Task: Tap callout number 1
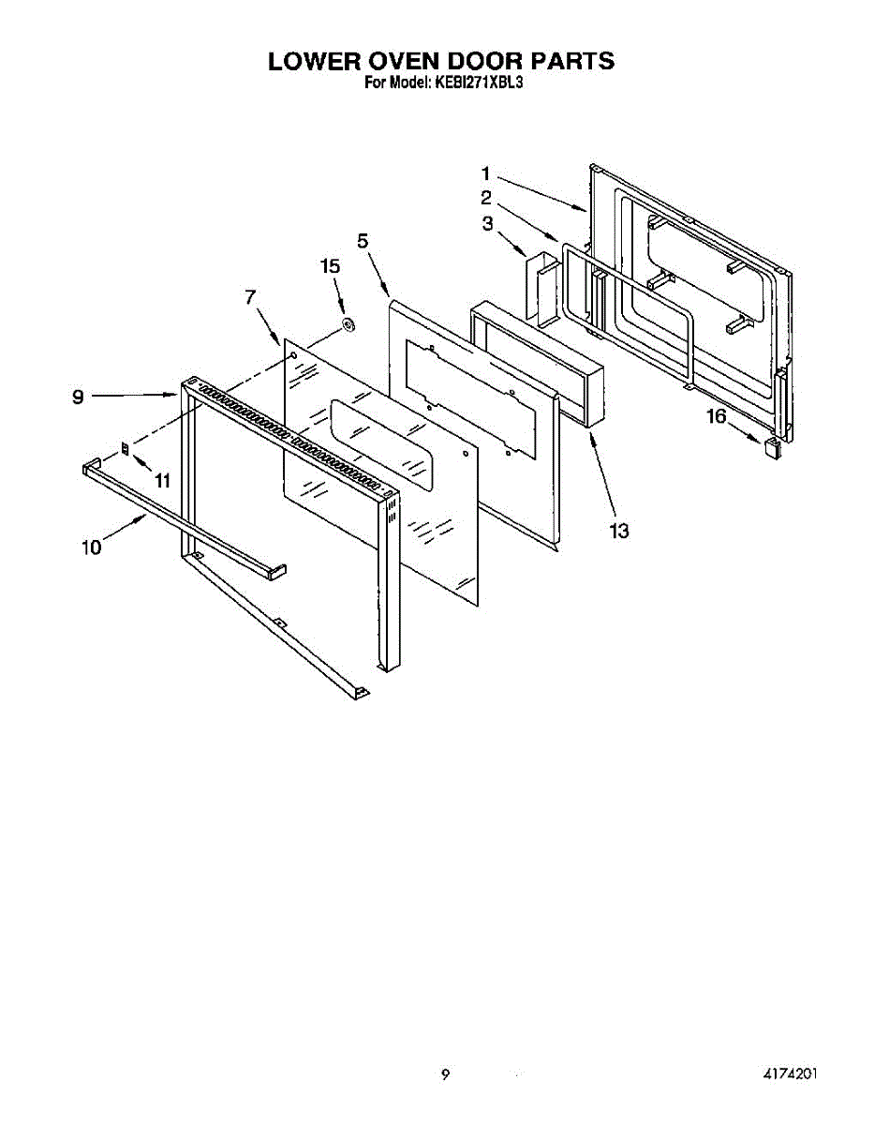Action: coord(486,172)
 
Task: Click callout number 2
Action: coord(486,198)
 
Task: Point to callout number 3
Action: coord(487,223)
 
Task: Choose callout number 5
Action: coord(363,241)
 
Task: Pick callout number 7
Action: coord(250,297)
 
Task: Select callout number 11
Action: coord(163,481)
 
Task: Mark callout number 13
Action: coord(618,532)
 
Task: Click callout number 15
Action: coord(330,266)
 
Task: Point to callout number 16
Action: coord(716,417)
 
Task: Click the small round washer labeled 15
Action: coord(347,325)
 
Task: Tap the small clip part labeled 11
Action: coord(126,448)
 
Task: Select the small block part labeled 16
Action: coord(772,447)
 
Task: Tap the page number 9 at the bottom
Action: coord(445,1074)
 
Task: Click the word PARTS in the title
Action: coord(573,62)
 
